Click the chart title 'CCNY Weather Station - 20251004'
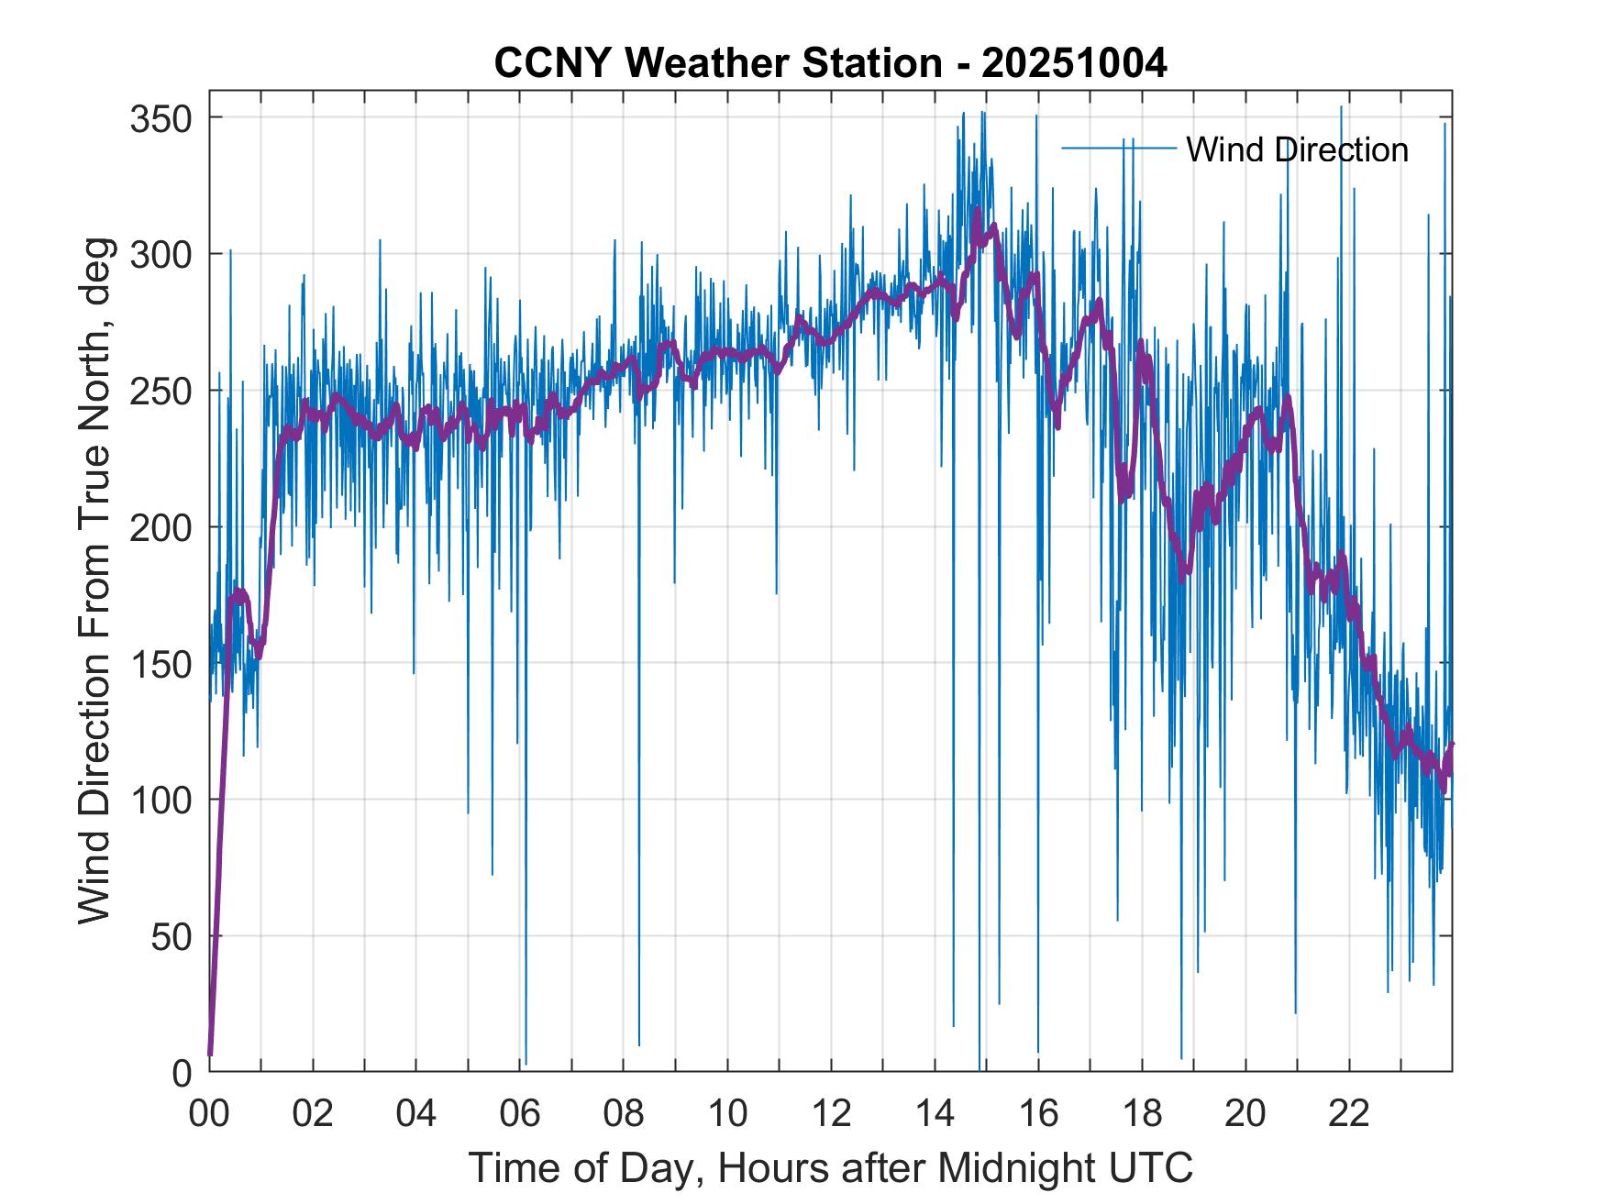point(830,63)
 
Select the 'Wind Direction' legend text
point(1297,149)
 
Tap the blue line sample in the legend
point(1119,148)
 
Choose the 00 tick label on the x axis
point(209,1114)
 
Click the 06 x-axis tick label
point(520,1114)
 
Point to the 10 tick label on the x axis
point(727,1114)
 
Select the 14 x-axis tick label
point(935,1114)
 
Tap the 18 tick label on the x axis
point(1142,1114)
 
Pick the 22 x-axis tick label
point(1349,1114)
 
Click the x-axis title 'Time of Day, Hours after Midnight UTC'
point(830,1167)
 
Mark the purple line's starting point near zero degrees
point(210,1055)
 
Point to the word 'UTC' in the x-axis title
point(1150,1167)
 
